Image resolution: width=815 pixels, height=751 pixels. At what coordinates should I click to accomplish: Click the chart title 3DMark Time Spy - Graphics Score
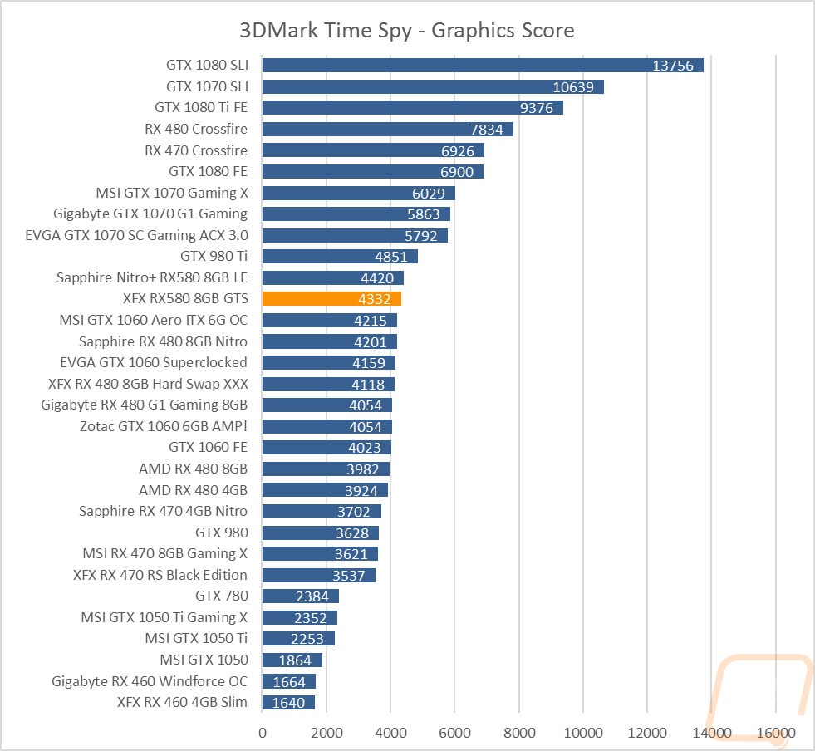[407, 30]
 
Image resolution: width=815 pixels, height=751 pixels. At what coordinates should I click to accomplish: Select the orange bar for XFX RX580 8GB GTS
[331, 299]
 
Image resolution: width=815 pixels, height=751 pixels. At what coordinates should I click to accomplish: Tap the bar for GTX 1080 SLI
[483, 66]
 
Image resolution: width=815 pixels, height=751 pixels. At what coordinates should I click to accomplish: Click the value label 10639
[573, 86]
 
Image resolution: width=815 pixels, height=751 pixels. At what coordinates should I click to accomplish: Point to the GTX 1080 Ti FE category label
[201, 107]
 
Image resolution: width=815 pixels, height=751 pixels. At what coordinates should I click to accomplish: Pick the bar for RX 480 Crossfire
[388, 129]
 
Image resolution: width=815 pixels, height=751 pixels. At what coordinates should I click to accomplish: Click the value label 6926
[458, 150]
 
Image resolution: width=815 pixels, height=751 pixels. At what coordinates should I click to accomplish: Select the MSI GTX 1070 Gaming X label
[172, 193]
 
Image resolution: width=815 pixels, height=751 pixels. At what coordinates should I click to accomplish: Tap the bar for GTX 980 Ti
[340, 256]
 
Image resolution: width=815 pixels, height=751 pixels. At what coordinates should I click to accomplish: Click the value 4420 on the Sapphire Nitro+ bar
[377, 278]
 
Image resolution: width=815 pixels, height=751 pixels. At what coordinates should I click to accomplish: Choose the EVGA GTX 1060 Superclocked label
[154, 362]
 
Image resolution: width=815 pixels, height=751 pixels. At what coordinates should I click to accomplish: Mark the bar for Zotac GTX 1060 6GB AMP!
[327, 427]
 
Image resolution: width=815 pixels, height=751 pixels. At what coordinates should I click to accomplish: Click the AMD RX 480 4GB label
[193, 490]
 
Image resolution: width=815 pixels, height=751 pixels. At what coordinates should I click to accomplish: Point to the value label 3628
[352, 533]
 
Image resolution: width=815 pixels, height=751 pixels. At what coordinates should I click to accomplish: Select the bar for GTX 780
[301, 596]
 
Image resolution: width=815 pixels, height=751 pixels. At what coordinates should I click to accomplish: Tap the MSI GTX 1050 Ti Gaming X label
[164, 617]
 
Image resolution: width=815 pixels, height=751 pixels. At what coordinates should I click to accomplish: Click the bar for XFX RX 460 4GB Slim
[288, 703]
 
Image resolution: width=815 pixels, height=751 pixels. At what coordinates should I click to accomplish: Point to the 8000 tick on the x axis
[519, 733]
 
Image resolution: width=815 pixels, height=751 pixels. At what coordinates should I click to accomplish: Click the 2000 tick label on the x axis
[327, 733]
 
